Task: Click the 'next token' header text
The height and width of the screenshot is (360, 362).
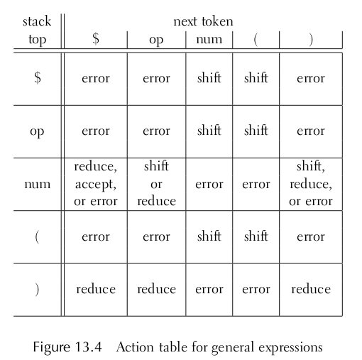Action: tap(203, 21)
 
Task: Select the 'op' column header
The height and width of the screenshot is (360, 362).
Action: tap(156, 40)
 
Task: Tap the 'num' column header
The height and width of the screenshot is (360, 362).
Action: tap(209, 39)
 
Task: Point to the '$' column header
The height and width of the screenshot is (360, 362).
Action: tap(96, 38)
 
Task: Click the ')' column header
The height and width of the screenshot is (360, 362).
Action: tap(311, 40)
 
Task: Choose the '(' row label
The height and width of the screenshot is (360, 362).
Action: tap(37, 237)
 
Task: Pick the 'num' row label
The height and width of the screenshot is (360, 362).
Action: tap(38, 184)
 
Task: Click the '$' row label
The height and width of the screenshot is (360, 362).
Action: tap(38, 77)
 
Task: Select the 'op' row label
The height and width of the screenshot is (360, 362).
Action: tap(37, 131)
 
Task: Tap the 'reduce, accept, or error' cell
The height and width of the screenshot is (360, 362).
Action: tap(96, 184)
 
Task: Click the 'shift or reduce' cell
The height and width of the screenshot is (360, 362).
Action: tap(156, 184)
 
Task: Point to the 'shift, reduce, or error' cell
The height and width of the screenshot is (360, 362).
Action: tap(311, 184)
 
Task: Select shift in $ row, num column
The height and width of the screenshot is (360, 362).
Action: tap(209, 77)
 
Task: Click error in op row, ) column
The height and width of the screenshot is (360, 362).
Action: tap(311, 131)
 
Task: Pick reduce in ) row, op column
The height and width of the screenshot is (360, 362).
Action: tap(157, 289)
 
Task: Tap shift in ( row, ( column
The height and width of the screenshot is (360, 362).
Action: tap(256, 236)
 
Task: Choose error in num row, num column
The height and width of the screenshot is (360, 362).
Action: tap(209, 184)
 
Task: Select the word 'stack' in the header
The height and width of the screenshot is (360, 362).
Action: tap(37, 21)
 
